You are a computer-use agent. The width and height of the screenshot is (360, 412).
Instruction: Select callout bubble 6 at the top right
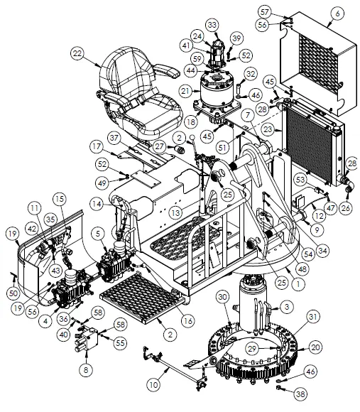[x=338, y=13]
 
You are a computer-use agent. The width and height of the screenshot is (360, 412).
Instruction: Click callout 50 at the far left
[x=13, y=293]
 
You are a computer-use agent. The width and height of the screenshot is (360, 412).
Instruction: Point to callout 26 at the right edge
[x=347, y=208]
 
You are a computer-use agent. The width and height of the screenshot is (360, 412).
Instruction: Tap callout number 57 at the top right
[x=284, y=12]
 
